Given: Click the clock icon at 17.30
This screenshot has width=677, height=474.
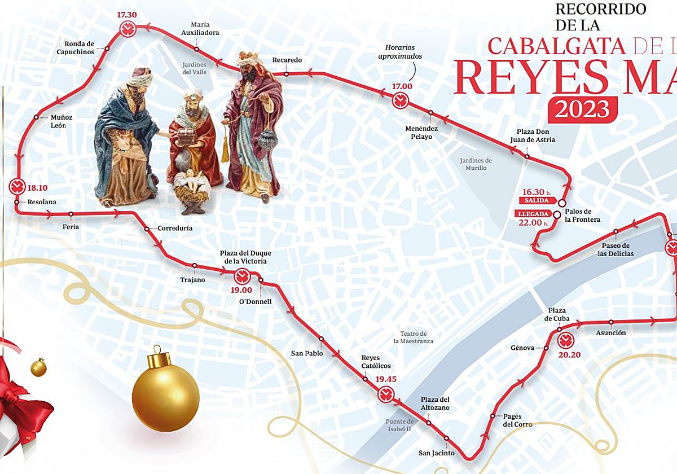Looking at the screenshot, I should pyautogui.click(x=128, y=29).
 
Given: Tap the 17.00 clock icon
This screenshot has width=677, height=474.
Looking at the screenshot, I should pyautogui.click(x=401, y=116).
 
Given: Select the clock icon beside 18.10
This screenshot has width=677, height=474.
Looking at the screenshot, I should pyautogui.click(x=16, y=186).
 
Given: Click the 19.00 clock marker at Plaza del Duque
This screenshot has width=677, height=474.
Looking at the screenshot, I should pyautogui.click(x=242, y=276).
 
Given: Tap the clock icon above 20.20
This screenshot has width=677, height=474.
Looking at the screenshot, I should pyautogui.click(x=565, y=341).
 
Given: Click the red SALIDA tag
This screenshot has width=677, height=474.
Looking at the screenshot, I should pyautogui.click(x=537, y=200).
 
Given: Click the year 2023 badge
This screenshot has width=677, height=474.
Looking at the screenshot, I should pyautogui.click(x=582, y=109).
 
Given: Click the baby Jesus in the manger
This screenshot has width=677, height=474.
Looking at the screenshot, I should pyautogui.click(x=191, y=183).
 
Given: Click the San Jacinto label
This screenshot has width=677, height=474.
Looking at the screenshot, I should pyautogui.click(x=433, y=453).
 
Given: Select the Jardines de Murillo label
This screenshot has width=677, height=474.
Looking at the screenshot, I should pyautogui.click(x=476, y=164).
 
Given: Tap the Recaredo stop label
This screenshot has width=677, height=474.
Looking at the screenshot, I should pyautogui.click(x=287, y=60).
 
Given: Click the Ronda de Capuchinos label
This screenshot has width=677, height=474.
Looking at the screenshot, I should pyautogui.click(x=79, y=47).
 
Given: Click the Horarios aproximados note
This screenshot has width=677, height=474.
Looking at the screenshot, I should pyautogui.click(x=403, y=52).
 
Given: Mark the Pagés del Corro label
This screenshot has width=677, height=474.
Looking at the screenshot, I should pyautogui.click(x=517, y=420).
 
